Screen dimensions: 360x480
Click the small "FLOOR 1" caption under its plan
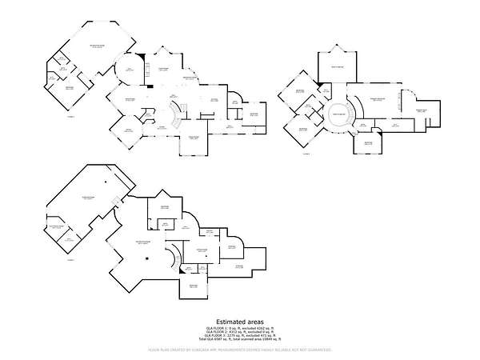[x=70, y=117]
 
